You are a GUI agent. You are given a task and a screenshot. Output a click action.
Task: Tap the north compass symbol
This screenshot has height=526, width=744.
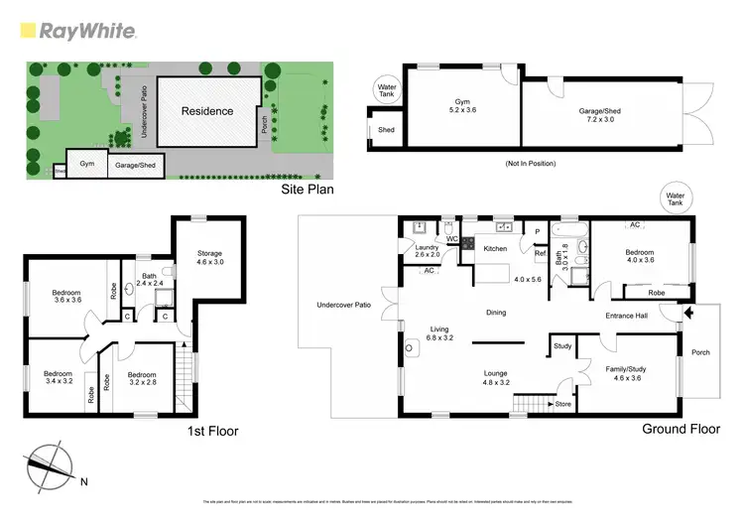50,466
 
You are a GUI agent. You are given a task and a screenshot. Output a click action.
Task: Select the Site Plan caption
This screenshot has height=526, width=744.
307,187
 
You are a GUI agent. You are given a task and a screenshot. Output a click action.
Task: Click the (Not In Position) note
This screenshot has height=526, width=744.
530,163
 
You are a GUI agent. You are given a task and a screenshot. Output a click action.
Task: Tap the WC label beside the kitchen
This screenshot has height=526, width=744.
452,239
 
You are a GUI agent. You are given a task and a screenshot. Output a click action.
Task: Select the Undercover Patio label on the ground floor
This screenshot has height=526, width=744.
343,305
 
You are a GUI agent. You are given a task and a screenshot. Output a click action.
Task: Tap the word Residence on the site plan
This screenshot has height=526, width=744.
207,111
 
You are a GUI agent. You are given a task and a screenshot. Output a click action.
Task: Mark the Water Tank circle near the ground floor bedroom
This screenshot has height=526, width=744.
678,199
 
